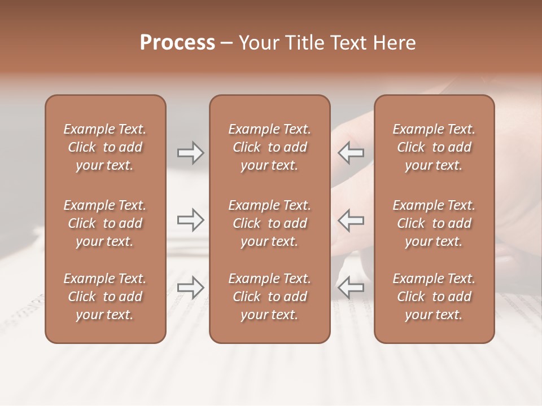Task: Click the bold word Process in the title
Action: point(177,43)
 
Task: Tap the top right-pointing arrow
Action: point(190,153)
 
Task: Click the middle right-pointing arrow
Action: point(190,220)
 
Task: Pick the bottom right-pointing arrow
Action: point(190,288)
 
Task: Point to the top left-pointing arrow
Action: point(351,153)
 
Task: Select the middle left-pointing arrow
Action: point(351,220)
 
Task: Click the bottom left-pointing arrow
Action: point(351,288)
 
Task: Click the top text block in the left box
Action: point(105,147)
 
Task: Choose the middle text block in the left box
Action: point(105,223)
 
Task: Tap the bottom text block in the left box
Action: point(105,297)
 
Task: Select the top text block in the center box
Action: point(269,147)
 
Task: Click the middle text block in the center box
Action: point(269,223)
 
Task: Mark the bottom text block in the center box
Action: point(269,297)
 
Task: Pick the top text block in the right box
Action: point(434,147)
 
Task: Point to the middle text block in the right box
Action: point(434,223)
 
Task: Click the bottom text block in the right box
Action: point(434,297)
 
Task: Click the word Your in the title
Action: point(259,43)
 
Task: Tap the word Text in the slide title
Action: point(348,43)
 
